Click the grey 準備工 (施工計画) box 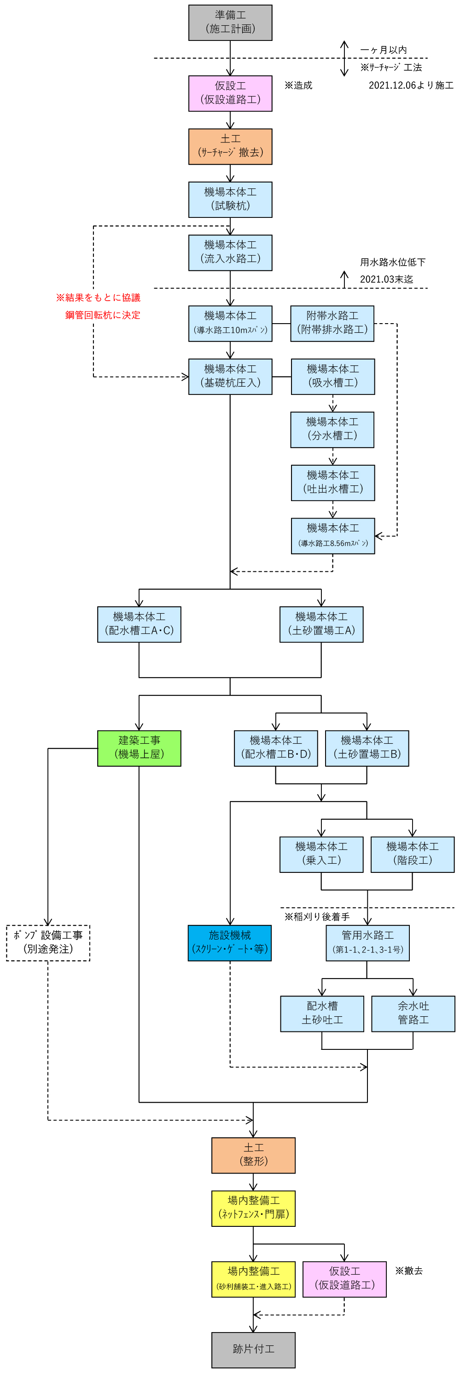230,23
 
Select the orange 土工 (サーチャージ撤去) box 230,147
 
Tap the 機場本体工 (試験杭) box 230,199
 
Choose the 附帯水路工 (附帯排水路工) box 332,323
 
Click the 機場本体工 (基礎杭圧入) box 230,376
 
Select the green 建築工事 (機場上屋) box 139,748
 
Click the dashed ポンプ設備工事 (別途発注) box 48,943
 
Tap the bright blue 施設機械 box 229,943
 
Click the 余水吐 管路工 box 413,1013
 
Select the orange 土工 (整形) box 253,1155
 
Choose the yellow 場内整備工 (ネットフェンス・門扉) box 253,1208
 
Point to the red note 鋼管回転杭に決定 103,315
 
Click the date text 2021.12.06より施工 411,85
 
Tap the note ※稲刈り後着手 317,917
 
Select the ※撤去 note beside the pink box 409,1270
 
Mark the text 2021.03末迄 386,279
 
